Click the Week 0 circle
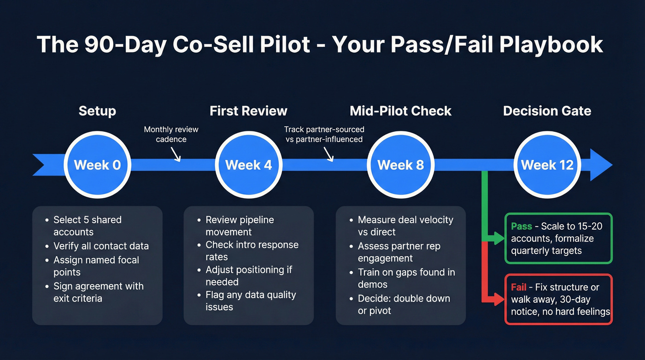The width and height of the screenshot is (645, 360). (97, 165)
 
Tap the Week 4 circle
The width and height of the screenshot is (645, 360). (249, 165)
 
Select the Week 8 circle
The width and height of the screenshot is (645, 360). (400, 165)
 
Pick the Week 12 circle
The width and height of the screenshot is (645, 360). (547, 165)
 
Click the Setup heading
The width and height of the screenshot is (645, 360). (97, 111)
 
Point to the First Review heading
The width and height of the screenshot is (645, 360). (248, 111)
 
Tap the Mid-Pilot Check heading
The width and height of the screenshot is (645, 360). (400, 111)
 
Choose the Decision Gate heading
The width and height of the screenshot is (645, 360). (547, 111)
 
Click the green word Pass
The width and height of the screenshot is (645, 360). (522, 226)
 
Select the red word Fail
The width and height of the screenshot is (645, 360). (518, 287)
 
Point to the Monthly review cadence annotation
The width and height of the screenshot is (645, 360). (171, 134)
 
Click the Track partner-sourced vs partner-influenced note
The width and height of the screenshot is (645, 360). (324, 134)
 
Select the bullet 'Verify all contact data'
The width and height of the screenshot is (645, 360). (101, 246)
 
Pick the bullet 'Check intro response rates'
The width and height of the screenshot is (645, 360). (252, 251)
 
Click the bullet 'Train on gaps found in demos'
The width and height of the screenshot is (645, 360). (406, 278)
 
